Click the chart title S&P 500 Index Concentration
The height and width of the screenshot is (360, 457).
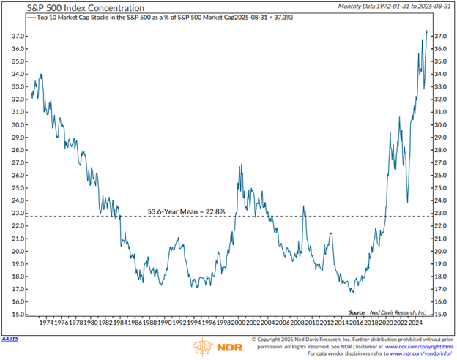coord(65,8)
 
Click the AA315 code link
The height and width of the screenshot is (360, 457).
coord(10,340)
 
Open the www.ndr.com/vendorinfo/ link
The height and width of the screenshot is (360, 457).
coord(412,354)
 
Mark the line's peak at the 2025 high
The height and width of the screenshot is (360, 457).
coord(426,31)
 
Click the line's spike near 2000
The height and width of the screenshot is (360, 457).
coord(239,166)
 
